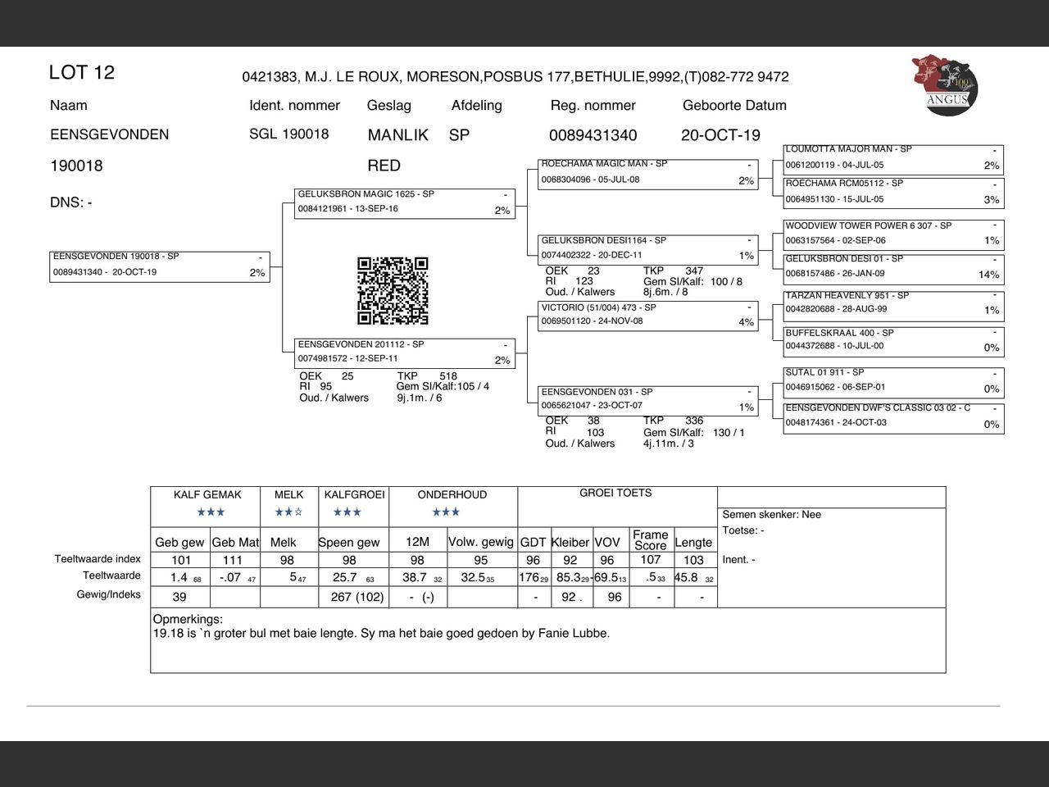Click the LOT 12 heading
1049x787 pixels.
[x=82, y=72]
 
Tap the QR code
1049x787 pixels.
[x=393, y=291]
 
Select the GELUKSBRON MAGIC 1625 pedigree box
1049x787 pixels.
[x=406, y=202]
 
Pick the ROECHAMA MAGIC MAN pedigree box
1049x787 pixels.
[x=647, y=173]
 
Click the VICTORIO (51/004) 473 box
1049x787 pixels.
[x=647, y=316]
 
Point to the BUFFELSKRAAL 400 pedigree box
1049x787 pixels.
[x=893, y=341]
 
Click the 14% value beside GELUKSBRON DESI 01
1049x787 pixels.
[x=988, y=275]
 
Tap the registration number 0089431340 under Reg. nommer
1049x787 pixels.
[x=593, y=135]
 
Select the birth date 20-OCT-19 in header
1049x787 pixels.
[x=720, y=135]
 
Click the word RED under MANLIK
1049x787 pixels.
[x=384, y=166]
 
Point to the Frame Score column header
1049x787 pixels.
[x=650, y=539]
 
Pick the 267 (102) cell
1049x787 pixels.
[x=356, y=597]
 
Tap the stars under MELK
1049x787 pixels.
[x=288, y=512]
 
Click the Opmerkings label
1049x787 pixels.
[x=188, y=620]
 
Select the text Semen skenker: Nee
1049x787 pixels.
[x=771, y=515]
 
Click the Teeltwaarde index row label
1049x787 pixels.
[x=98, y=559]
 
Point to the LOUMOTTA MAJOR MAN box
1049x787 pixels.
[x=893, y=157]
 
